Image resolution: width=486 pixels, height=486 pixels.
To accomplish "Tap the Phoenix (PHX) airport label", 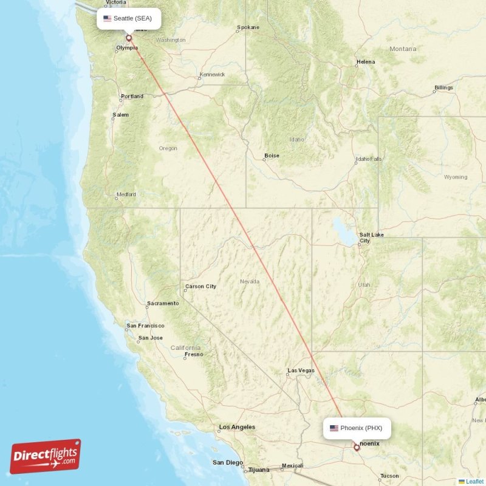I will [357, 428].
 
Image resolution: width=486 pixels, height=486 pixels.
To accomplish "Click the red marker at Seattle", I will [129, 38].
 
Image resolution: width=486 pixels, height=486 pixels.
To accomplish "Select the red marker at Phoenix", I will [357, 448].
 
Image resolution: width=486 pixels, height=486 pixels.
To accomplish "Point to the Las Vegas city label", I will [301, 371].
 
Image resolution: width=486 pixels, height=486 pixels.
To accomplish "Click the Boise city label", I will [272, 156].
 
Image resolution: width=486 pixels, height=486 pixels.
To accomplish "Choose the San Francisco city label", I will [145, 326].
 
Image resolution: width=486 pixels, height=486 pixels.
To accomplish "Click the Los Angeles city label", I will [237, 427].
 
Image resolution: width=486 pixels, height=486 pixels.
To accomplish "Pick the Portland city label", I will [132, 96].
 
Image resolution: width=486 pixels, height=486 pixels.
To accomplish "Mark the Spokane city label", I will [248, 27].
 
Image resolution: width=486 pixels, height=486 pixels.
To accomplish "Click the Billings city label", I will [443, 87].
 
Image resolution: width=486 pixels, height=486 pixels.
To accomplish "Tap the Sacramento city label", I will [163, 303].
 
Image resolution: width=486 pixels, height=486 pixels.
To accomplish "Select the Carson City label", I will [200, 286].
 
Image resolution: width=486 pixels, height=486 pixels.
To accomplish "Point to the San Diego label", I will [227, 462].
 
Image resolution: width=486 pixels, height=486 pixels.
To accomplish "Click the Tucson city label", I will [389, 476].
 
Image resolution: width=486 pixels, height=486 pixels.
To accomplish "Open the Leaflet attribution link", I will [474, 481].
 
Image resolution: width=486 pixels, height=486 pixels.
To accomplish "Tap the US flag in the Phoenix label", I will [334, 428].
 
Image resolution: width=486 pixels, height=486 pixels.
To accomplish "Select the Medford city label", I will [126, 194].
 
